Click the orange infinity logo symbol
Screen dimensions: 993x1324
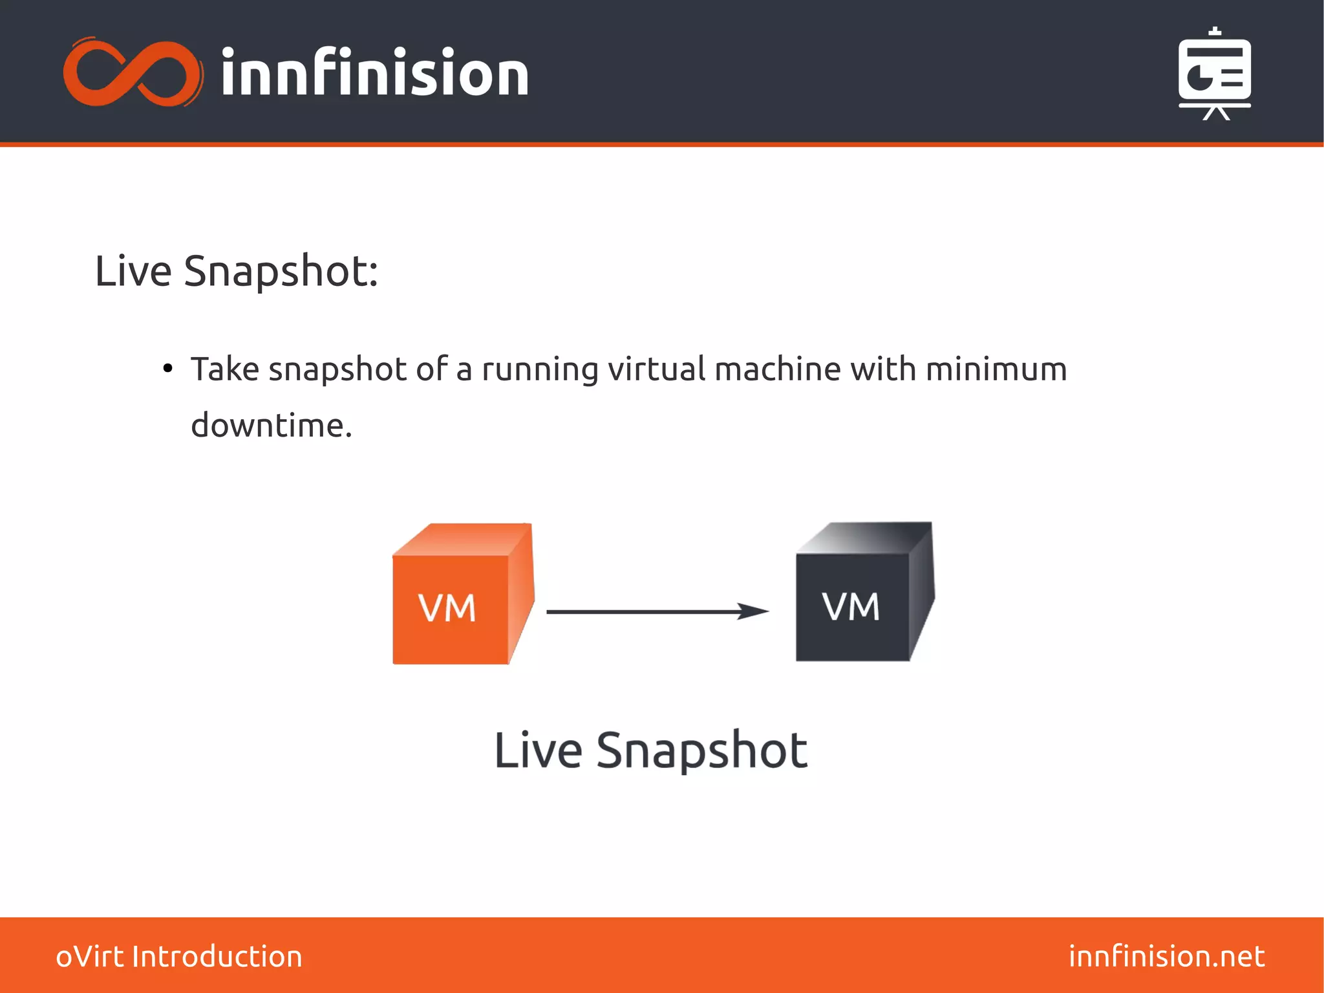(x=133, y=72)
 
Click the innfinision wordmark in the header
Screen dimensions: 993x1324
(x=375, y=72)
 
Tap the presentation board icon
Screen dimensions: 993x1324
(x=1214, y=74)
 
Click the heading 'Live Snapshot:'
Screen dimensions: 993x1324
(x=236, y=270)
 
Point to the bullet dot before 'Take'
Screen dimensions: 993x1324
(x=168, y=369)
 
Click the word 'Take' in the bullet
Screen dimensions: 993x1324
(x=224, y=369)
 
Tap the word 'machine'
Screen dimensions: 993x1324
(x=778, y=369)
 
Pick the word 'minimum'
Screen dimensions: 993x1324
(x=996, y=369)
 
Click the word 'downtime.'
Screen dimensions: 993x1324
(x=272, y=426)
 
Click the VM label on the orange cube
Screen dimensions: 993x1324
(x=447, y=608)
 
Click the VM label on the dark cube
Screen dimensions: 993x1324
(x=851, y=607)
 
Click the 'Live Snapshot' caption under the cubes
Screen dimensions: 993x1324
(x=650, y=750)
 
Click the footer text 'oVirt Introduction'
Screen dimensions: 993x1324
(x=179, y=956)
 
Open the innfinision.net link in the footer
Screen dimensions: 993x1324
(x=1166, y=956)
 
